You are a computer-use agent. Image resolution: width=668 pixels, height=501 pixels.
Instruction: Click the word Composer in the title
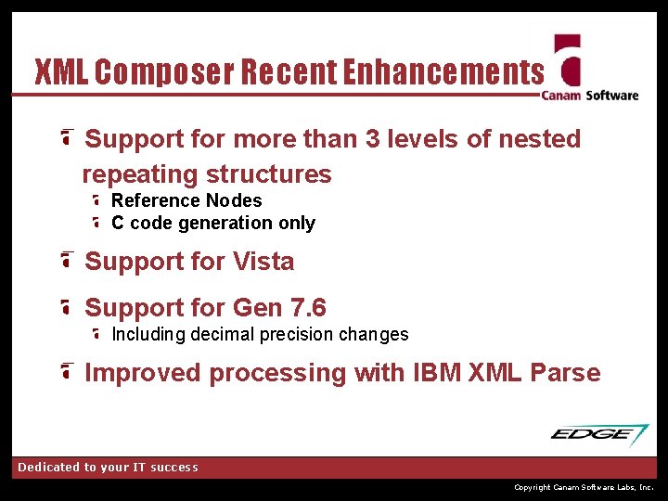pyautogui.click(x=163, y=71)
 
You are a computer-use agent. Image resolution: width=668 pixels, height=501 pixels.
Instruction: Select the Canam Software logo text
pyautogui.click(x=590, y=95)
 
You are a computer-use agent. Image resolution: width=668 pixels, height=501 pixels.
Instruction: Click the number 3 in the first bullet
pyautogui.click(x=373, y=139)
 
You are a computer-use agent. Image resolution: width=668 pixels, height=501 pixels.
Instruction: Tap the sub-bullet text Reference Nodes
pyautogui.click(x=186, y=200)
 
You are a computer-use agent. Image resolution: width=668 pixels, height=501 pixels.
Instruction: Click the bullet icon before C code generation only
pyautogui.click(x=97, y=223)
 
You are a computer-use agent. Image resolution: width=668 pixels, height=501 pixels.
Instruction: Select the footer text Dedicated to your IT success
pyautogui.click(x=108, y=468)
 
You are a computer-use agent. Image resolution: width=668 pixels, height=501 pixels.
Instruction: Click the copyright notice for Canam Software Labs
pyautogui.click(x=584, y=487)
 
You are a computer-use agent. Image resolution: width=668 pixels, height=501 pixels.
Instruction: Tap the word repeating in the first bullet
pyautogui.click(x=140, y=174)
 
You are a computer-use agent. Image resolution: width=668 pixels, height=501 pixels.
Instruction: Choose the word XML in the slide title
pyautogui.click(x=61, y=71)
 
